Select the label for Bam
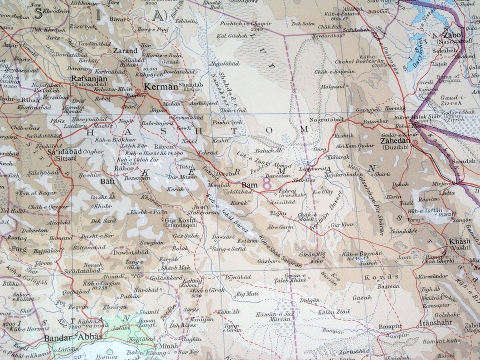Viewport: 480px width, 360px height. pos(249,185)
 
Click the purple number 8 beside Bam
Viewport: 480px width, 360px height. pos(267,185)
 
